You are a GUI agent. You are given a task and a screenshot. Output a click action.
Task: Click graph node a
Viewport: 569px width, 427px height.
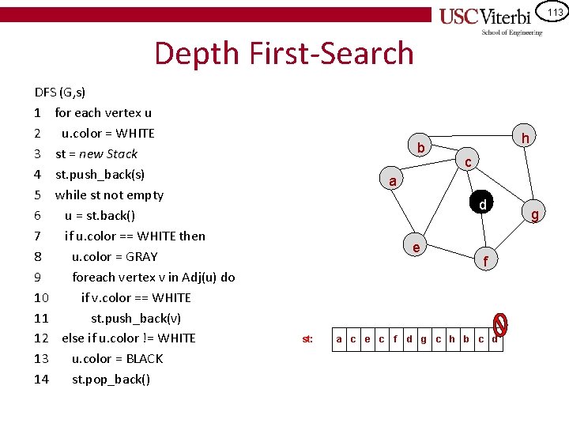[392, 182]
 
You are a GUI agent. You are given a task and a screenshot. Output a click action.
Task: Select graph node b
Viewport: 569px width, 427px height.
[421, 148]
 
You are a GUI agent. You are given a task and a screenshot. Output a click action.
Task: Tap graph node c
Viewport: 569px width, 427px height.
[468, 162]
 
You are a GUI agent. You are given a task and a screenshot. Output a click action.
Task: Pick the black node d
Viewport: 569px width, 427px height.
[481, 205]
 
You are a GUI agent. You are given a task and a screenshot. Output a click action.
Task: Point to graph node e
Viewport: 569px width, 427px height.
[416, 247]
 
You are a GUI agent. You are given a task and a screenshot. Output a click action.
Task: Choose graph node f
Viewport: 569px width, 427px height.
[486, 259]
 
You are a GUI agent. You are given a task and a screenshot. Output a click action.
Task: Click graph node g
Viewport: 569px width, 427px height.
[535, 214]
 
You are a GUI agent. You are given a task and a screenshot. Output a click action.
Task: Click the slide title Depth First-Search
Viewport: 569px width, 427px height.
[284, 53]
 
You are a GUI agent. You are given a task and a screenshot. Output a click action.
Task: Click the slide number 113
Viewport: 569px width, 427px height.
[554, 12]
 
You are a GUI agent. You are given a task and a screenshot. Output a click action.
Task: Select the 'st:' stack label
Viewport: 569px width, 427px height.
[307, 339]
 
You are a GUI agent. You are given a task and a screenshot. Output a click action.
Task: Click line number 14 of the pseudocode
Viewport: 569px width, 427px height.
[42, 379]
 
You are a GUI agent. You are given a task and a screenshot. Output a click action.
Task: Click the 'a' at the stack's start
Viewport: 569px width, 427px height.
[339, 339]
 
